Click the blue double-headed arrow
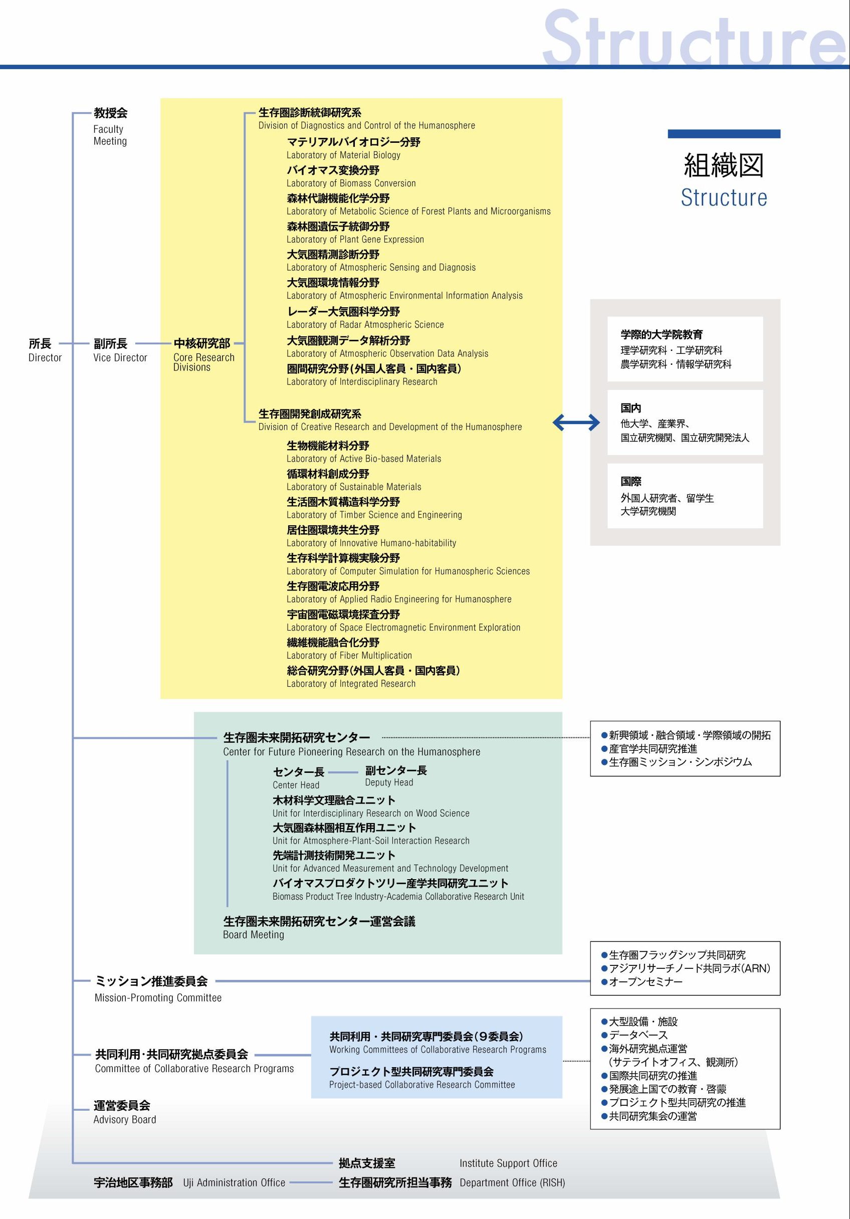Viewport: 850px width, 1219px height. (x=576, y=423)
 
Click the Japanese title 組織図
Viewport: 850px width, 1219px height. (x=724, y=165)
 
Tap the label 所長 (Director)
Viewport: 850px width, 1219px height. (x=45, y=350)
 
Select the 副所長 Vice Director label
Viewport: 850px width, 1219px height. (x=120, y=350)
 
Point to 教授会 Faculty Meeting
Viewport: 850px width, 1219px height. (x=110, y=126)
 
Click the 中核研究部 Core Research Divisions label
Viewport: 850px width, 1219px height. (x=204, y=355)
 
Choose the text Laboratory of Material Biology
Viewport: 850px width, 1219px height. (x=343, y=155)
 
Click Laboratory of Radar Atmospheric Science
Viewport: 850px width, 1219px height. (x=365, y=324)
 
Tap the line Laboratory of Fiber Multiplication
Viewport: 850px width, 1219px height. (x=349, y=655)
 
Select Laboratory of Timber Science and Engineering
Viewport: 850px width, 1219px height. (x=374, y=514)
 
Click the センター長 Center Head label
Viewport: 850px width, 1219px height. (x=298, y=778)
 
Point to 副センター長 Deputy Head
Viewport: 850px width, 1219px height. (x=396, y=776)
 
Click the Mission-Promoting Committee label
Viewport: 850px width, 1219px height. (x=158, y=997)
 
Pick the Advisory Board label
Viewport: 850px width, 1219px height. (x=125, y=1119)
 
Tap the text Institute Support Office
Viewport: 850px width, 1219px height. (x=509, y=1163)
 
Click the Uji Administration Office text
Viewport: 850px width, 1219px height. (x=234, y=1182)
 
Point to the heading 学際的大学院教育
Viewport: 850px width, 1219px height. (x=662, y=334)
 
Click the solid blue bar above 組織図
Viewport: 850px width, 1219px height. (x=724, y=134)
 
